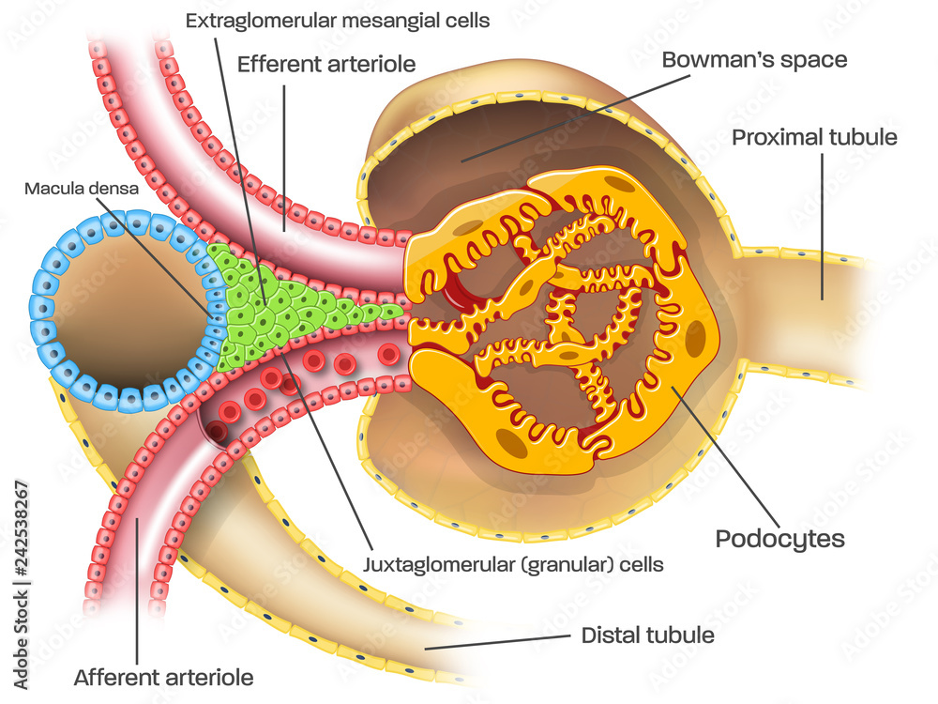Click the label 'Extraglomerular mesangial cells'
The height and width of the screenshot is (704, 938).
coord(337,20)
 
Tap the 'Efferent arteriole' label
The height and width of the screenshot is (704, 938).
coord(326,65)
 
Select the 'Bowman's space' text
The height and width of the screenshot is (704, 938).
coord(754,60)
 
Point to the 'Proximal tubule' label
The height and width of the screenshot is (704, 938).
coord(814,137)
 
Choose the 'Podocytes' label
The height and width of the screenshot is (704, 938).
coord(779,539)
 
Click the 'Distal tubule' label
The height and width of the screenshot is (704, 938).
coord(647,635)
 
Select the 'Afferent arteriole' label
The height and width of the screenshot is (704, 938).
coord(163,676)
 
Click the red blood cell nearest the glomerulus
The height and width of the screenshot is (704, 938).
coord(387,354)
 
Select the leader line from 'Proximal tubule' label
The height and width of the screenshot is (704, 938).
coord(823,225)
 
